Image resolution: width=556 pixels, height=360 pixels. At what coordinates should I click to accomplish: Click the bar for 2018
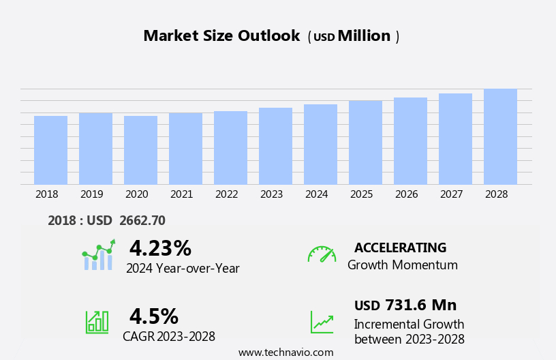click(x=50, y=150)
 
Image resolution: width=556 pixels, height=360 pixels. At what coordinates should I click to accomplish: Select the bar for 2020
click(x=140, y=150)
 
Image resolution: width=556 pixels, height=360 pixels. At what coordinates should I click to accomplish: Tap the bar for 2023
click(x=275, y=146)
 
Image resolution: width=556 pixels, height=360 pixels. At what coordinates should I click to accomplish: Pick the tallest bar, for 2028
click(x=500, y=136)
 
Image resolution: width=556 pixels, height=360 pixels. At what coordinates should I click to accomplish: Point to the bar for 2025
click(x=365, y=142)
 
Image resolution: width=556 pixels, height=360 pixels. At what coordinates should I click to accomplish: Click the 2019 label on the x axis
click(x=91, y=194)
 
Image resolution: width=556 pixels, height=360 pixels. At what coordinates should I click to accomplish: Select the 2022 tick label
click(x=226, y=194)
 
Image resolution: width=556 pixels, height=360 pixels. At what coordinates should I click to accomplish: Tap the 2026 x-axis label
click(x=406, y=194)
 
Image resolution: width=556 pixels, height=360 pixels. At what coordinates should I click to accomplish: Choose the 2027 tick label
click(x=451, y=194)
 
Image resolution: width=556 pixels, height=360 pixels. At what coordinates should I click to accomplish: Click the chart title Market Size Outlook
click(x=221, y=36)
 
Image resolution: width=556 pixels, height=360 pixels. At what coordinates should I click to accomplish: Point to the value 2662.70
click(x=142, y=220)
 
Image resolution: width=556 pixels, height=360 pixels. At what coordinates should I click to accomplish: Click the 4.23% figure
click(x=160, y=248)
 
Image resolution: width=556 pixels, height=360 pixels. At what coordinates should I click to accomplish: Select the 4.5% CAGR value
click(x=153, y=316)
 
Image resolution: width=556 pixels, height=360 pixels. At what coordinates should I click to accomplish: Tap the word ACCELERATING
click(x=400, y=247)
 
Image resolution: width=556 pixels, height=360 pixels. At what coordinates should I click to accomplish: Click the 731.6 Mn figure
click(x=420, y=305)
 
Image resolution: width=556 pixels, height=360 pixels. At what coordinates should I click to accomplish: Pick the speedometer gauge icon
click(x=321, y=254)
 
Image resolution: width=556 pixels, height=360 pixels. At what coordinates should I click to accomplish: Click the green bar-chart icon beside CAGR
click(x=97, y=322)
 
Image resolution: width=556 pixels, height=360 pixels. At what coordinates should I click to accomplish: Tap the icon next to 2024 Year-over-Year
click(x=98, y=256)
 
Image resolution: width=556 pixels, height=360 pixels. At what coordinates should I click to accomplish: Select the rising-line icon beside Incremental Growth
click(x=322, y=322)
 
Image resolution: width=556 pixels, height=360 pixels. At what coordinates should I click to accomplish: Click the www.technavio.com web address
click(x=285, y=352)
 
